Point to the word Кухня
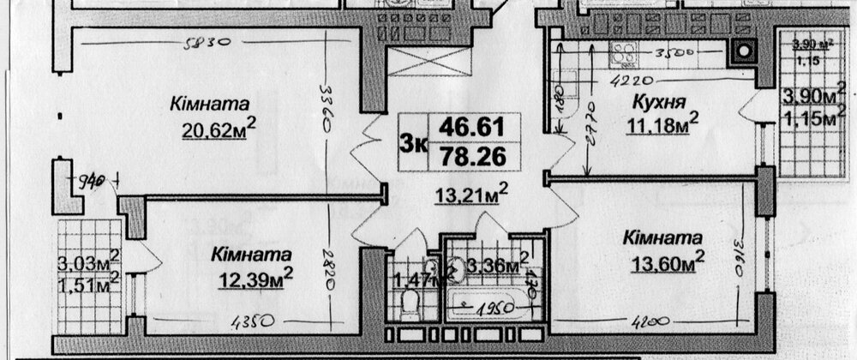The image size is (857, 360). (x=658, y=103)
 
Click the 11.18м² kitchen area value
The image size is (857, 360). (x=662, y=127)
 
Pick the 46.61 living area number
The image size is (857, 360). (x=470, y=128)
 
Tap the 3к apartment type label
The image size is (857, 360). (x=413, y=142)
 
